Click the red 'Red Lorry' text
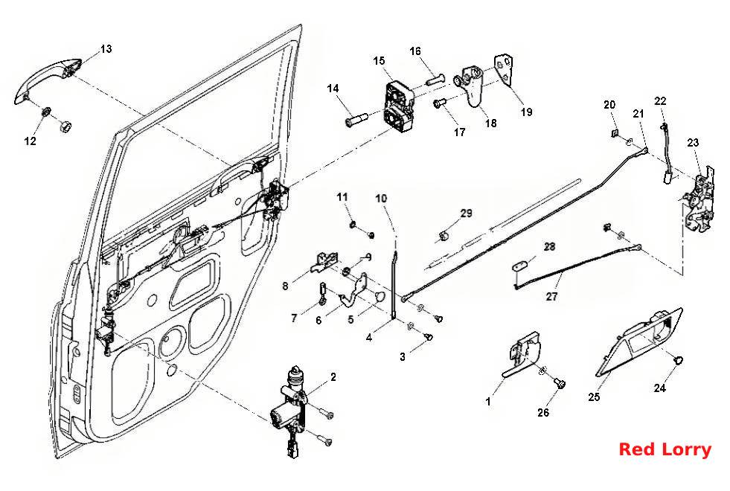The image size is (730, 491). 665,449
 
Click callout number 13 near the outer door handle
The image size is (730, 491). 106,49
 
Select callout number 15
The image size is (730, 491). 379,61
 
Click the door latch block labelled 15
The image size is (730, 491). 399,106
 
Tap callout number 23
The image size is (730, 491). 693,142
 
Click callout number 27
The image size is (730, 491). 551,297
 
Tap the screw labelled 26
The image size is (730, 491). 559,383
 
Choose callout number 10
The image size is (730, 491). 381,199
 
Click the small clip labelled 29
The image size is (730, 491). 444,235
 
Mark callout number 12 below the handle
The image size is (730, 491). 30,141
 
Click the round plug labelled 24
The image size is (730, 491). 679,360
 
